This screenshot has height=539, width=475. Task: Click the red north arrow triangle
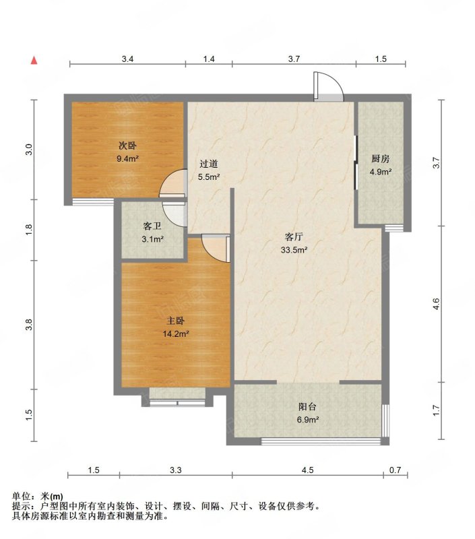pyautogui.click(x=34, y=61)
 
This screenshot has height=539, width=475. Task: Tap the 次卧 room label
pyautogui.click(x=127, y=146)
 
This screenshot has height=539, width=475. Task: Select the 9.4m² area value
pyautogui.click(x=127, y=158)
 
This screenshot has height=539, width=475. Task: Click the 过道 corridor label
pyautogui.click(x=209, y=164)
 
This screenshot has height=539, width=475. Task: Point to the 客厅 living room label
pyautogui.click(x=294, y=237)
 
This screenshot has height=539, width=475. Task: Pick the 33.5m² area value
pyautogui.click(x=294, y=250)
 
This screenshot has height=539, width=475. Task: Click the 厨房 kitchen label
pyautogui.click(x=381, y=159)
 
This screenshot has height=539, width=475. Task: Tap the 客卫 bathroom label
pyautogui.click(x=152, y=226)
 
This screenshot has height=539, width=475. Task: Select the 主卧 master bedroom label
pyautogui.click(x=176, y=321)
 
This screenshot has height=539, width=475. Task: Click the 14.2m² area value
pyautogui.click(x=176, y=334)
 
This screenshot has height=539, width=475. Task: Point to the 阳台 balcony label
pyautogui.click(x=307, y=407)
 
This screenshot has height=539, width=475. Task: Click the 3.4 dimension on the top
pyautogui.click(x=127, y=59)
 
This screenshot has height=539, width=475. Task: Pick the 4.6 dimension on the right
pyautogui.click(x=436, y=304)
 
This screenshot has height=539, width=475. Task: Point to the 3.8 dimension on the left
pyautogui.click(x=29, y=325)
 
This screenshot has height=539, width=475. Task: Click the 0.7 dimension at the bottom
pyautogui.click(x=395, y=470)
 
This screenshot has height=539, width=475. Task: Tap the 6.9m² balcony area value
pyautogui.click(x=307, y=419)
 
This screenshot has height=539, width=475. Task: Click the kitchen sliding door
pyautogui.click(x=356, y=162)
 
